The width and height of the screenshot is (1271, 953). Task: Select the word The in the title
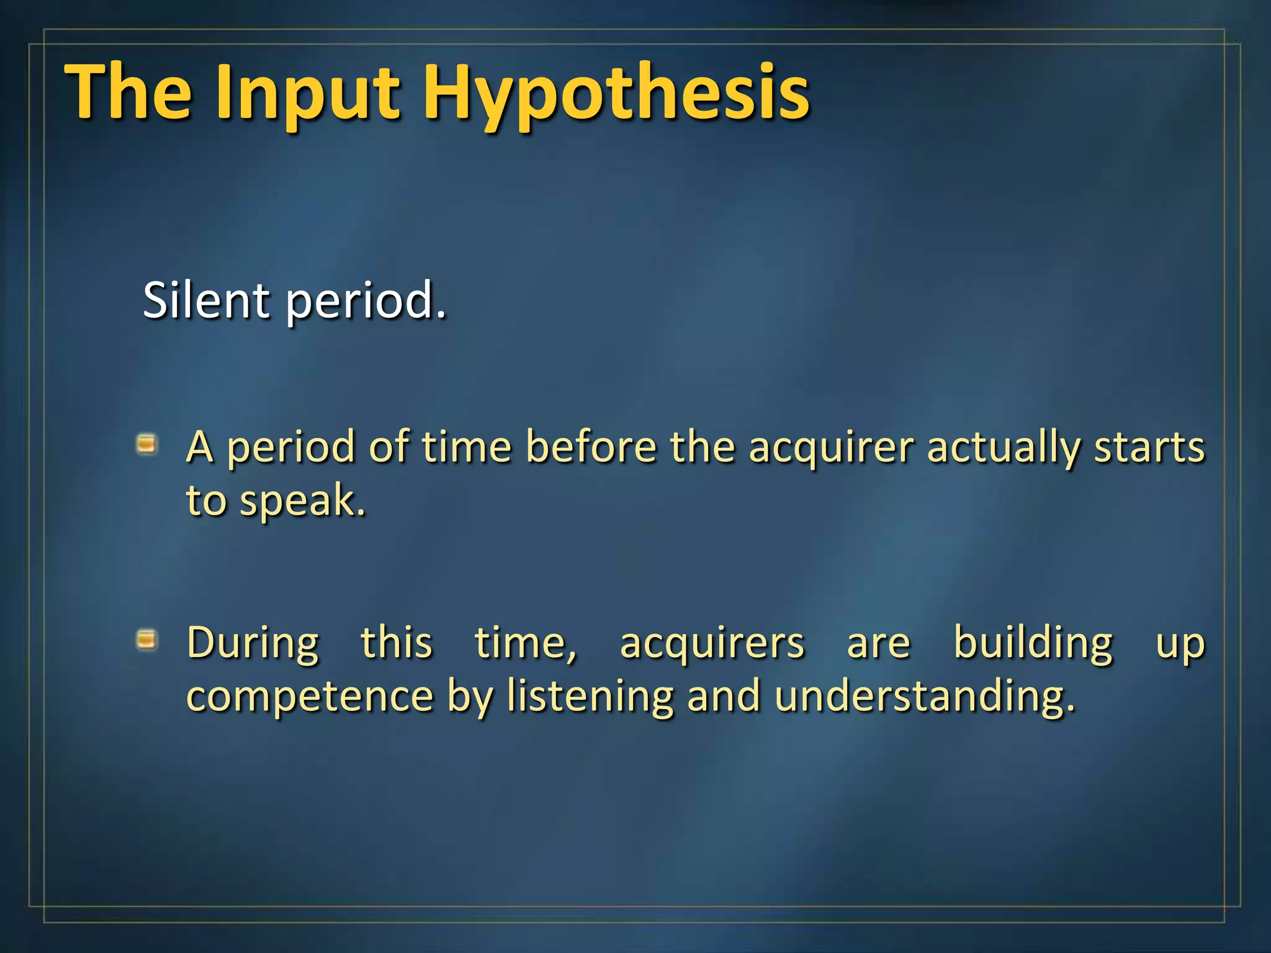[x=128, y=93]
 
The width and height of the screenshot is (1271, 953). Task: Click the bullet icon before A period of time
[x=146, y=444]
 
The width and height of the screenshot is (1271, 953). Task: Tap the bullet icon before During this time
[x=146, y=639]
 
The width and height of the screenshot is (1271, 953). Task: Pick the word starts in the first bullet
[x=1149, y=447]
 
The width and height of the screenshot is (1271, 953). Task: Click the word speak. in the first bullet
[x=303, y=501]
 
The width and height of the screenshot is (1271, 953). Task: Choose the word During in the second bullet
[x=253, y=643]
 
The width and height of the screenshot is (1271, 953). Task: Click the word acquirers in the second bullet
[x=712, y=643]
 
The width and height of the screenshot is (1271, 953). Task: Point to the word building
[x=1033, y=643]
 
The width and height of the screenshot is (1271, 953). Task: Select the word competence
[x=310, y=696]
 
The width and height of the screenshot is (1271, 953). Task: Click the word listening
[x=590, y=696]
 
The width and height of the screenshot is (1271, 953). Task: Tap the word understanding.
[x=924, y=696]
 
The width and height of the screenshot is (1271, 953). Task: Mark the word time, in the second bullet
[x=526, y=643]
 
